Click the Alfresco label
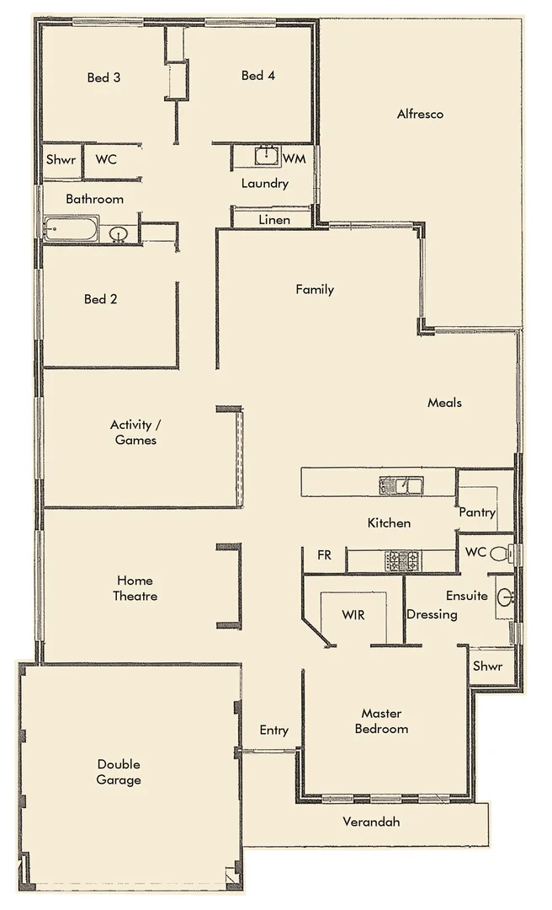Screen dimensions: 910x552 pyautogui.click(x=420, y=114)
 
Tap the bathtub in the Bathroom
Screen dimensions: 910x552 pyautogui.click(x=72, y=229)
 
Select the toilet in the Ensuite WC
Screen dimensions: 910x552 pyautogui.click(x=500, y=554)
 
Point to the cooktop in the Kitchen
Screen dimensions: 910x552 pyautogui.click(x=402, y=560)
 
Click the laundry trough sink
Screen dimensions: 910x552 pyautogui.click(x=267, y=156)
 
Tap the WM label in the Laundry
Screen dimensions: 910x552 pyautogui.click(x=294, y=159)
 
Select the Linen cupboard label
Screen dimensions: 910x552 pyautogui.click(x=273, y=220)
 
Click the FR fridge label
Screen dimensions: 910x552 pyautogui.click(x=324, y=555)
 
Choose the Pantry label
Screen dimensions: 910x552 pyautogui.click(x=477, y=512)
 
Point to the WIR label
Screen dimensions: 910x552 pyautogui.click(x=353, y=614)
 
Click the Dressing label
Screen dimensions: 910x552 pyautogui.click(x=432, y=614)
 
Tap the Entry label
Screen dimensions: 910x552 pyautogui.click(x=273, y=731)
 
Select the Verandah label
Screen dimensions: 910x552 pyautogui.click(x=371, y=822)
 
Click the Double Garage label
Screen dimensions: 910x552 pyautogui.click(x=119, y=772)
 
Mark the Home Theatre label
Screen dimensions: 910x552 pyautogui.click(x=135, y=588)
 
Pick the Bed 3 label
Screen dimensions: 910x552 pyautogui.click(x=103, y=78)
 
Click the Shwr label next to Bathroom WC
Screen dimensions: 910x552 pyautogui.click(x=61, y=159)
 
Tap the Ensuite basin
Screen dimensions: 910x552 pyautogui.click(x=505, y=597)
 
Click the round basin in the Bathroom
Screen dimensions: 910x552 pyautogui.click(x=119, y=233)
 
